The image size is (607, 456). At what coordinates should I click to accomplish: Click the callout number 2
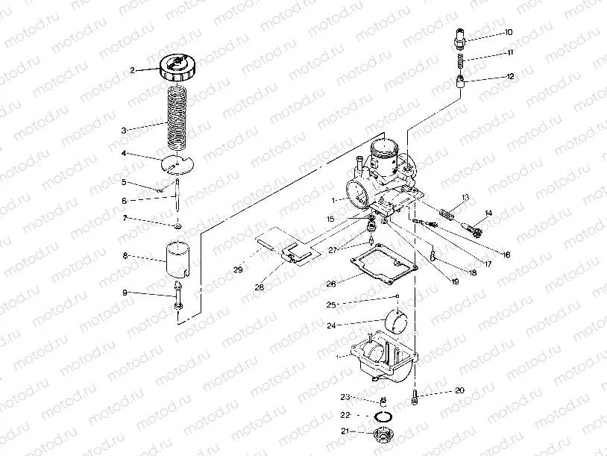click(132, 70)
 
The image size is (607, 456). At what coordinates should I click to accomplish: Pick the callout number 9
click(125, 293)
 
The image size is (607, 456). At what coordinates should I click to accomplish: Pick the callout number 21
click(345, 431)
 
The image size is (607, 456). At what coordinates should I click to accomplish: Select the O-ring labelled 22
click(383, 415)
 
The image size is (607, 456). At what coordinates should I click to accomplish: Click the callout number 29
click(238, 269)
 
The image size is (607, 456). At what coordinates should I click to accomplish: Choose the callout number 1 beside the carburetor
click(336, 200)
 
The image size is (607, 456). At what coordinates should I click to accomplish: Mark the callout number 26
click(330, 284)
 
